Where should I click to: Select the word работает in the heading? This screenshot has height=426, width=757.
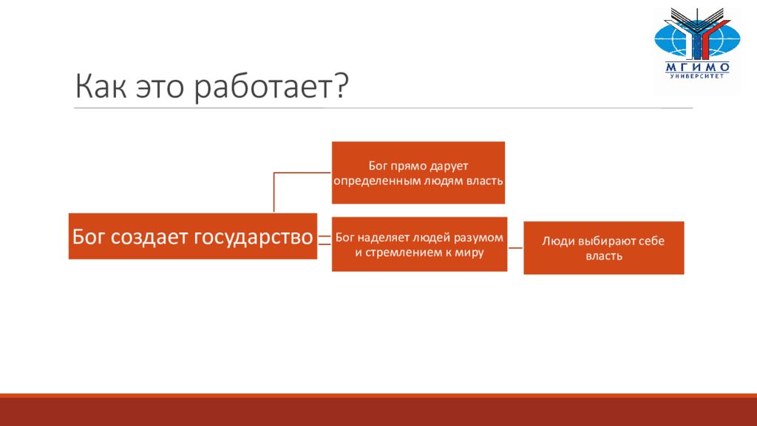262,87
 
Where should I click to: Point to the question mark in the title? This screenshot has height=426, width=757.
341,86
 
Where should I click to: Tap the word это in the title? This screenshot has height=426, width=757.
160,87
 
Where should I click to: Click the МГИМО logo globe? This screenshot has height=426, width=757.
697,38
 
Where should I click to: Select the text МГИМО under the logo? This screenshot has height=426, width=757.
697,67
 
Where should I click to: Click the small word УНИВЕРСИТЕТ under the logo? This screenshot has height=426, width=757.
697,76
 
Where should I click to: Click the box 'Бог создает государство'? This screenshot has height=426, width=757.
193,236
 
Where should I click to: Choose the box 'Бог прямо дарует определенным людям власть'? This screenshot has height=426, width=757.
418,172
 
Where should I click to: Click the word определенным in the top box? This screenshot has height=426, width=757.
378,181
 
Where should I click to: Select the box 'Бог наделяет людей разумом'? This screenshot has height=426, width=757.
419,244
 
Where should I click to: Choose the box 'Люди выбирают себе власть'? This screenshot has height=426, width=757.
603,248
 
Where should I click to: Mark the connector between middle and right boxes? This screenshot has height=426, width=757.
515,248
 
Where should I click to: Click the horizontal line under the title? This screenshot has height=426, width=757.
384,108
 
